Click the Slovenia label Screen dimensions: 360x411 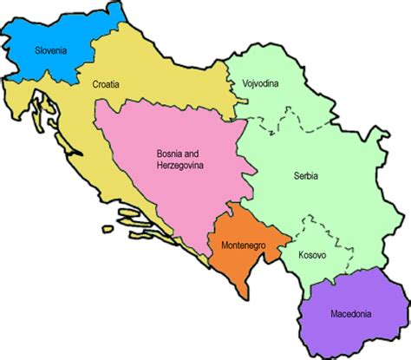point(51,50)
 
